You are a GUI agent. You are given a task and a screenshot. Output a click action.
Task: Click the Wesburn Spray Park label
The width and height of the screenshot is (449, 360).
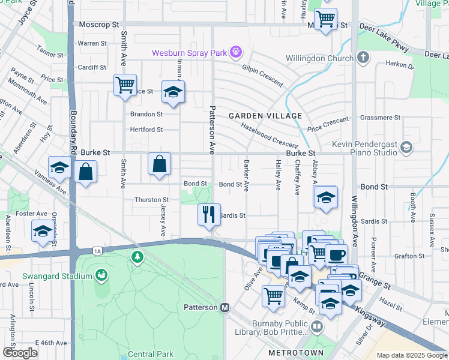coord(189,53)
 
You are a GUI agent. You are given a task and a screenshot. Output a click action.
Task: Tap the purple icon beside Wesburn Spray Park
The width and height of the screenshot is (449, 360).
coord(237,53)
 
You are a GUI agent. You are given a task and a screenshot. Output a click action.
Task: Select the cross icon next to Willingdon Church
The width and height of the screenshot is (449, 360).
coord(363,58)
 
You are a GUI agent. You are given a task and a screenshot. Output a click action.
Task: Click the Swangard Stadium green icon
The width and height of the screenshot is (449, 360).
coord(101,275)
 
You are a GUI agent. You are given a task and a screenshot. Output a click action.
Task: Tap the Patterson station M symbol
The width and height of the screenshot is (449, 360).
coord(225,307)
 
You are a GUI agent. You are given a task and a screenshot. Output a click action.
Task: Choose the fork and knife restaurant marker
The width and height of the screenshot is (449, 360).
coord(208,214)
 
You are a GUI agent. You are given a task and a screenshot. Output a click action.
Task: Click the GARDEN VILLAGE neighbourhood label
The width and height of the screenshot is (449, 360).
coord(265,115)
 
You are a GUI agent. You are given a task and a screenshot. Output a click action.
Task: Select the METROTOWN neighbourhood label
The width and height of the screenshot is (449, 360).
coord(295,352)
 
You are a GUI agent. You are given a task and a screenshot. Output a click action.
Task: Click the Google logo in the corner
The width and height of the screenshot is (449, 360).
coord(20,352)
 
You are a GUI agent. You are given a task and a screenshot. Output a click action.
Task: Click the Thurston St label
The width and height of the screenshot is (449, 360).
coord(147,200)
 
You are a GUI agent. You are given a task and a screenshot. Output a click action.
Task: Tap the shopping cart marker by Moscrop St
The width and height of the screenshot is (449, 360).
coord(325,19)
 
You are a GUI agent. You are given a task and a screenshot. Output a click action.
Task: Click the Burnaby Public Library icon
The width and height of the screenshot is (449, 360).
coord(316,326)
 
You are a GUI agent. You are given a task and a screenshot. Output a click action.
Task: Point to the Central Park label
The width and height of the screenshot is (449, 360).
coord(150,354)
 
